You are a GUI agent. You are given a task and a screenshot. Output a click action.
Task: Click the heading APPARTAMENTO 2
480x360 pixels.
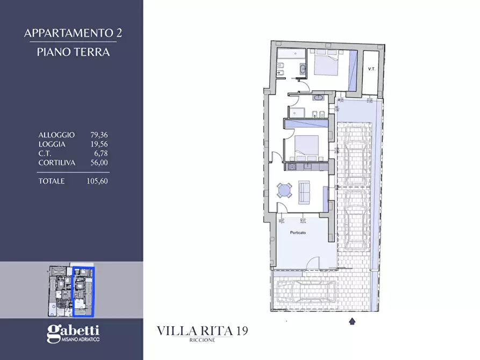[x=73, y=33]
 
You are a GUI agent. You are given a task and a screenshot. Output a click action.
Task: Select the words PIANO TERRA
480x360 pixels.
[x=73, y=52]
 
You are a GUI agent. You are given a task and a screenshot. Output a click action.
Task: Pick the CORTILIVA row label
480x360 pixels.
[x=57, y=162]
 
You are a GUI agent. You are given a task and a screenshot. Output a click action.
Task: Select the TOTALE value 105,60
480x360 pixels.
[x=97, y=181]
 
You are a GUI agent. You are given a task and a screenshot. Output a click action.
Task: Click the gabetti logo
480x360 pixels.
[x=73, y=333]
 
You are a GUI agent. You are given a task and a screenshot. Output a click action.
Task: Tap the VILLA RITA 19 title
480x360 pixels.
[x=203, y=331]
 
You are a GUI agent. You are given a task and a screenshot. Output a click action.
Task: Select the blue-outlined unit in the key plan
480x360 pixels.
[x=83, y=291]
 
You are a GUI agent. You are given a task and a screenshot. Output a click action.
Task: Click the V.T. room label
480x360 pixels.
[x=371, y=69]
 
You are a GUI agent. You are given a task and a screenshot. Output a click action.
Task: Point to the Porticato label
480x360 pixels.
[x=298, y=233]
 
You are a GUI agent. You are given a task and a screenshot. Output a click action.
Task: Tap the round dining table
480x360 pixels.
[x=283, y=190]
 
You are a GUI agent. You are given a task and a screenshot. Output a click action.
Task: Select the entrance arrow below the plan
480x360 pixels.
[x=353, y=321]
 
